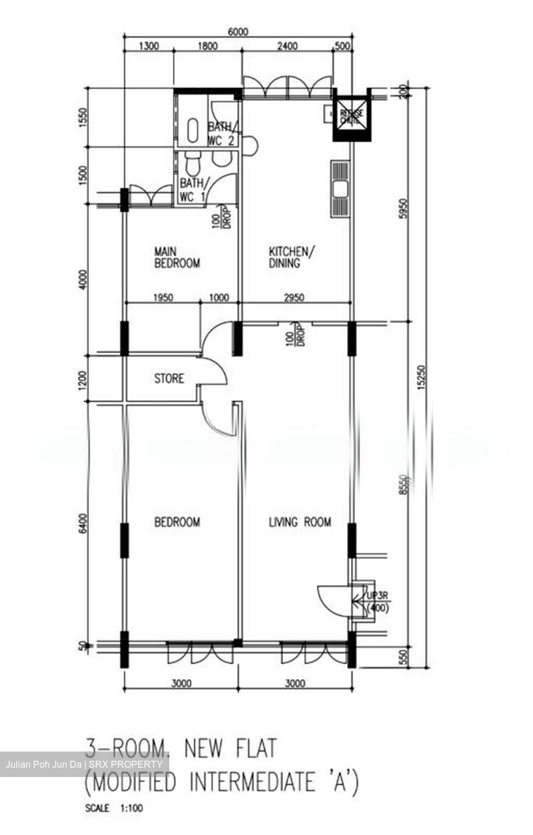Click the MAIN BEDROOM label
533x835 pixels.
click(176, 257)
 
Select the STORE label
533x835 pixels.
click(169, 379)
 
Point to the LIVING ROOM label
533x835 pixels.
click(300, 522)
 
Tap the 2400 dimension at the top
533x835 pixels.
click(287, 47)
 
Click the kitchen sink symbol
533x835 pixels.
click(340, 188)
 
